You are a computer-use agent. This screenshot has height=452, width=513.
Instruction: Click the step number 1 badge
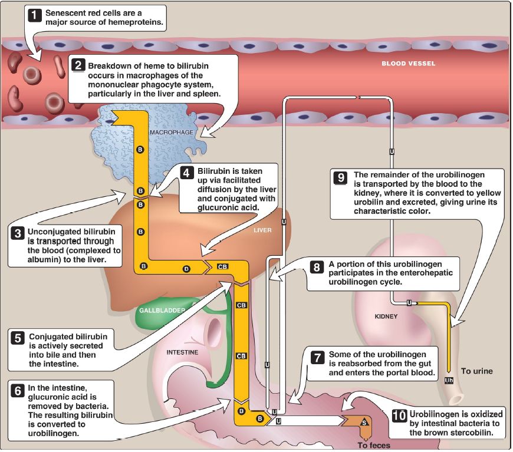point(35,15)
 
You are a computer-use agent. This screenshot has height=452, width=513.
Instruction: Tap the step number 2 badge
point(78,65)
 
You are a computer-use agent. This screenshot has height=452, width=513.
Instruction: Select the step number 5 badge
point(17,338)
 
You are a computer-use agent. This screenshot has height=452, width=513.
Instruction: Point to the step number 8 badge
point(317,267)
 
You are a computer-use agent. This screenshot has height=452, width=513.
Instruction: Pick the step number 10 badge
point(399,416)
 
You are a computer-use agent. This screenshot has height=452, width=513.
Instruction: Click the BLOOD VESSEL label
point(408,64)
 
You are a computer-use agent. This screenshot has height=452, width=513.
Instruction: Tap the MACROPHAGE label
point(172,132)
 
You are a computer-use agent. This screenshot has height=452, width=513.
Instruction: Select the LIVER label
point(262,230)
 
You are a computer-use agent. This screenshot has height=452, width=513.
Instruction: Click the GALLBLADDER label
point(162,310)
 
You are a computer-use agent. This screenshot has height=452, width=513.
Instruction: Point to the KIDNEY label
point(386,316)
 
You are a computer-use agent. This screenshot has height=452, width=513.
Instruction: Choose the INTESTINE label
point(182,352)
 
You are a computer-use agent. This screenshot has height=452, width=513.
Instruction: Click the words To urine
point(476,371)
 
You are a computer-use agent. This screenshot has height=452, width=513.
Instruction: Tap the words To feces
point(374,445)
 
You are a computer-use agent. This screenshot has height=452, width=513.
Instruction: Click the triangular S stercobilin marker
point(364,422)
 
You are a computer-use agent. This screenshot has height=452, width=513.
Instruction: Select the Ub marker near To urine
point(449,380)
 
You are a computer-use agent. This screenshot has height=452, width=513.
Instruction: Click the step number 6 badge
point(17,391)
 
